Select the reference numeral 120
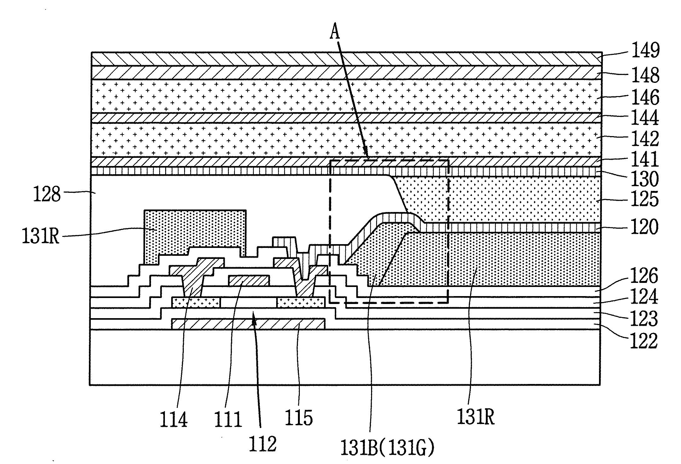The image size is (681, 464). pos(645,227)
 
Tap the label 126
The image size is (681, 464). pos(645,276)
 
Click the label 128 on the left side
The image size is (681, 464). pos(47,194)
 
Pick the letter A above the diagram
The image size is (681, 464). pos(335,33)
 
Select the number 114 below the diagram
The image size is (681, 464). pos(174,419)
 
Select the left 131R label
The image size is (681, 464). pos(41,236)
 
